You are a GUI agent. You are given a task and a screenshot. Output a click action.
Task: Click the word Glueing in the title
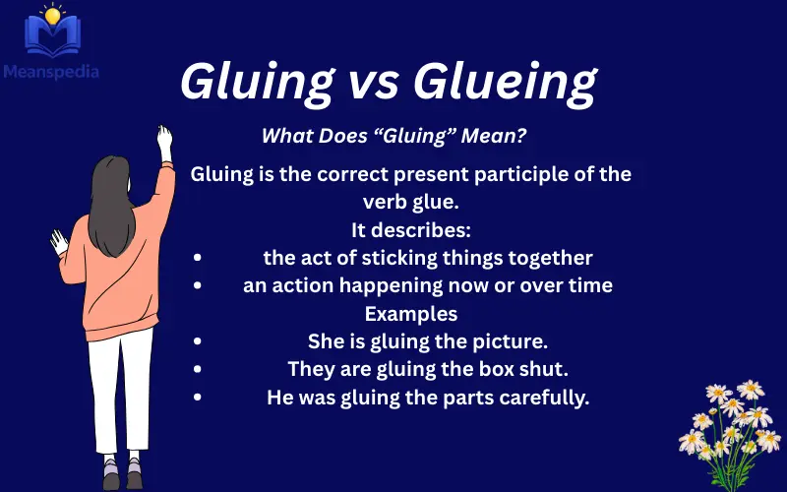point(506,84)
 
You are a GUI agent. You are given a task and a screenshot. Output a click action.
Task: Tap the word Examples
point(411,314)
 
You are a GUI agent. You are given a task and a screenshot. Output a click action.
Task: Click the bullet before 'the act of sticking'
point(198,258)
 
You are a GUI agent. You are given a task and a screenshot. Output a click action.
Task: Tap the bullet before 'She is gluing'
point(198,342)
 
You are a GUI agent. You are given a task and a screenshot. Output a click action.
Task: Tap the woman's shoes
point(123,478)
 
